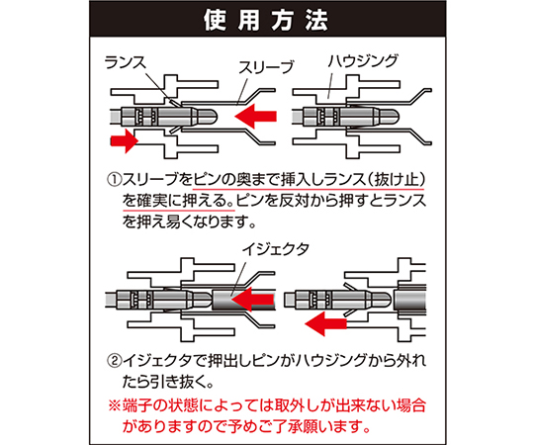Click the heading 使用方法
point(266,20)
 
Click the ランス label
point(126,62)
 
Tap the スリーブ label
point(266,67)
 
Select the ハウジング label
point(363,61)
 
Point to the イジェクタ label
point(276,249)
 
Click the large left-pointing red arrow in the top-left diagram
point(255,116)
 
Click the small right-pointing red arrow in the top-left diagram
point(125,140)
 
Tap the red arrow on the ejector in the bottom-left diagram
point(253,300)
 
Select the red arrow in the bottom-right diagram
point(325,323)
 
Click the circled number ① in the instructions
point(115,180)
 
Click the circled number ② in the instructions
point(115,361)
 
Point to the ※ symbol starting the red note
point(115,405)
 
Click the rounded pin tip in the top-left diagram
point(208,116)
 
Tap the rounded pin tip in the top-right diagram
point(390,116)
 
